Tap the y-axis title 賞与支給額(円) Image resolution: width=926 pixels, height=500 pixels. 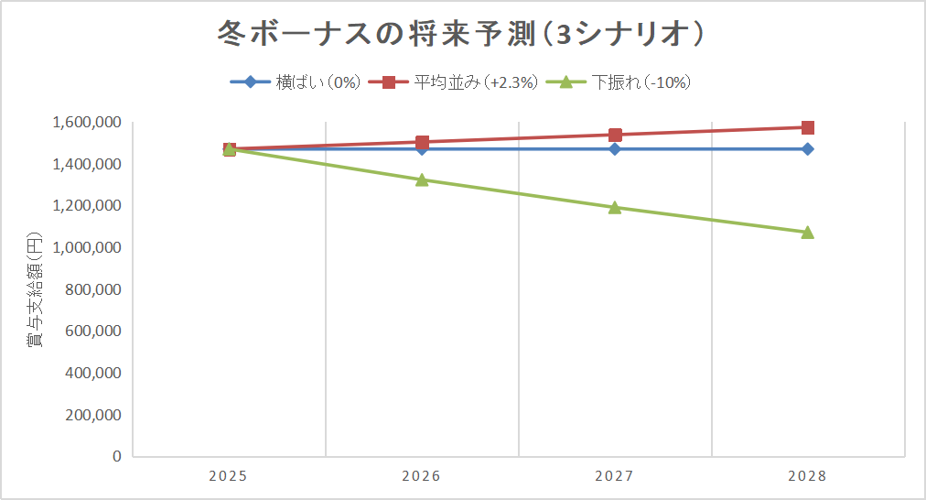click(34, 289)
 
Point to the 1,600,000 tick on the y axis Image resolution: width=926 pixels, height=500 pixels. click(88, 123)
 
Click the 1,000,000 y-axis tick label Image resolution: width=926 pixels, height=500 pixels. click(88, 248)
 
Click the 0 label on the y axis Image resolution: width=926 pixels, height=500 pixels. click(116, 456)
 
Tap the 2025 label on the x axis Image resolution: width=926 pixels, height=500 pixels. click(229, 476)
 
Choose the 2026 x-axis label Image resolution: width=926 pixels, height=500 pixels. click(422, 476)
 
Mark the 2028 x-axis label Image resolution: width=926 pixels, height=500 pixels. click(807, 476)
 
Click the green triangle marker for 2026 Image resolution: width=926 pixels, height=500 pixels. click(422, 179)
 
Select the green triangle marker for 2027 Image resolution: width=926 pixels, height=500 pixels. click(615, 207)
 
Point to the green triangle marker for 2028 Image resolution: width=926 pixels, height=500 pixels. click(807, 232)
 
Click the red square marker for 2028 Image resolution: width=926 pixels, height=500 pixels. click(807, 127)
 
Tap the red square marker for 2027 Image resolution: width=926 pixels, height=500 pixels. click(615, 135)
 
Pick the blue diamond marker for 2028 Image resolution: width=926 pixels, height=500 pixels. click(807, 148)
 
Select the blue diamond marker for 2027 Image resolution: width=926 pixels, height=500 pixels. click(615, 148)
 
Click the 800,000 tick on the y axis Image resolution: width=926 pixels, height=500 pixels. click(94, 289)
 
